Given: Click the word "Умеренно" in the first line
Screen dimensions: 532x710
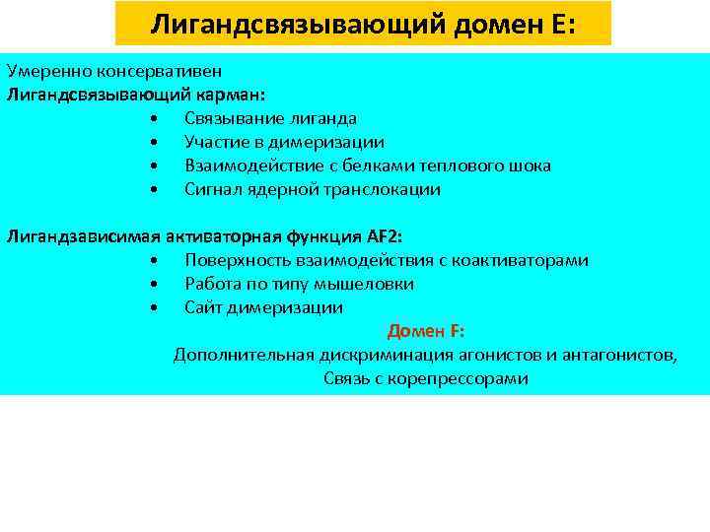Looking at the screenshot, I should coord(42,71).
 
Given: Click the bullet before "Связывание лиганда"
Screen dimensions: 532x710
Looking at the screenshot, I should coord(155,118).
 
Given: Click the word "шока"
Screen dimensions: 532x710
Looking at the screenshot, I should coord(531,166).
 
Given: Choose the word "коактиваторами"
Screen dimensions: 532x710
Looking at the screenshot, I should coord(522,260).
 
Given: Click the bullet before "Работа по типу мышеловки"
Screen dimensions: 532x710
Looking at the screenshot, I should coord(155,284).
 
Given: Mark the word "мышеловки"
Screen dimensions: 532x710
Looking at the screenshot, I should coord(367,284).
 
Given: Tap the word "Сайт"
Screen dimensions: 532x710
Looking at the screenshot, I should coord(203,307).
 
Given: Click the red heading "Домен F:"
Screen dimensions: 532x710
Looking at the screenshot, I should coord(426,331).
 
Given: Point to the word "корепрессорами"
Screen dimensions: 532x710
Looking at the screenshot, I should coord(460,378).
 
